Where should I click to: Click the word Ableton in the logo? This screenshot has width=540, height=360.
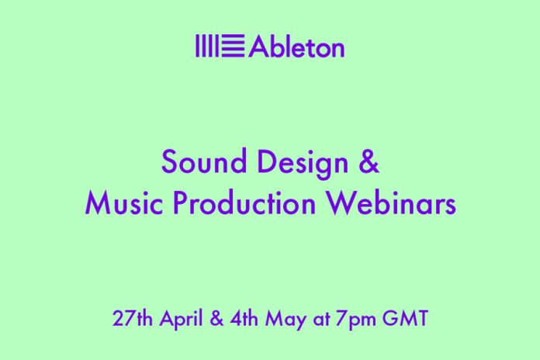pos(296,46)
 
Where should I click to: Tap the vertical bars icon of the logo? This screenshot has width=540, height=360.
pos(207,46)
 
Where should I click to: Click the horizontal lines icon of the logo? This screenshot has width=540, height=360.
pos(234,46)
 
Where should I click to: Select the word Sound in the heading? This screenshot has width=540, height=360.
pos(204,161)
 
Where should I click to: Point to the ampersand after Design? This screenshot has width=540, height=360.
pos(369,161)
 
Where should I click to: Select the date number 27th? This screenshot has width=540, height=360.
pos(133,318)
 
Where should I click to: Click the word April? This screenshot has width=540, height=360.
pos(181,320)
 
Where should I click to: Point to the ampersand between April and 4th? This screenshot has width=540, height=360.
pos(216,318)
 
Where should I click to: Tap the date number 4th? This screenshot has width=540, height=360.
pos(244,318)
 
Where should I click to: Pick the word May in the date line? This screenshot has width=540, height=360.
pos(286,320)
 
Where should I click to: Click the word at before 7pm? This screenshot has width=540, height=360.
pos(321,320)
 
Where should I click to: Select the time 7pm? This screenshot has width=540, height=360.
pos(356,320)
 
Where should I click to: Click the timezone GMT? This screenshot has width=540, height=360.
pos(405,318)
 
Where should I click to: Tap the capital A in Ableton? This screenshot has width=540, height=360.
pos(258,46)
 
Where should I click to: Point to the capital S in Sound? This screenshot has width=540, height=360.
pos(169,161)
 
